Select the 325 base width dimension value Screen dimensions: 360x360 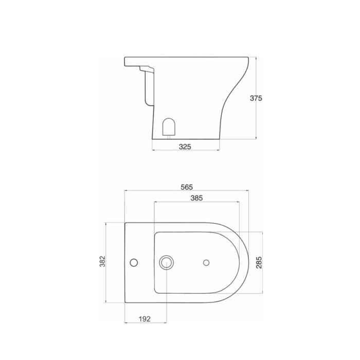185,147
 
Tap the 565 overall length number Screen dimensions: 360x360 187,187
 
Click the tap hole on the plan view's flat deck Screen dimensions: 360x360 134,263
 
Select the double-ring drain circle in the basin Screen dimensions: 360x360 166,263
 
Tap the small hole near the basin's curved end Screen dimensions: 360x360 206,263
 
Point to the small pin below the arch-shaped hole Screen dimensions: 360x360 168,137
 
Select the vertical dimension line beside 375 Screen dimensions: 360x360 256,118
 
